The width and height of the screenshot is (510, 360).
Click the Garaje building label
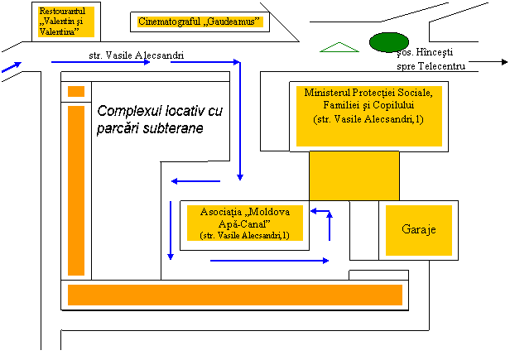419,229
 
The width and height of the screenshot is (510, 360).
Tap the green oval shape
389,42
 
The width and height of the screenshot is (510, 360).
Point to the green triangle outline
339,47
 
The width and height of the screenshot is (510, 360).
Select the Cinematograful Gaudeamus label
200,22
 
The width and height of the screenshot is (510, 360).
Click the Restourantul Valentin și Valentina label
62,22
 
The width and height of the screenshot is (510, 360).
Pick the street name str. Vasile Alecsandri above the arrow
137,55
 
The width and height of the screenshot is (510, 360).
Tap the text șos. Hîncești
425,52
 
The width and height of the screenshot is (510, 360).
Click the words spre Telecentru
431,66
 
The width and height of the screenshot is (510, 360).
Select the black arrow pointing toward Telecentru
488,62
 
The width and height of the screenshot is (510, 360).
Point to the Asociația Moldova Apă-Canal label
244,223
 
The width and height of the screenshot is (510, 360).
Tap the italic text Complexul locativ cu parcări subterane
160,119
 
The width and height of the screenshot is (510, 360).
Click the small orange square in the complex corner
76,91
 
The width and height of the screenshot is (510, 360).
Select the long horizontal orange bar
235,295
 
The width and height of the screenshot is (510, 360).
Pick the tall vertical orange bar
76,190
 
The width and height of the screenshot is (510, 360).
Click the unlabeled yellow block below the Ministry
354,175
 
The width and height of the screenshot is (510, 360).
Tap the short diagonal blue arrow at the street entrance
12,67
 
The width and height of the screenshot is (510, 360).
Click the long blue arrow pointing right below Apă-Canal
269,261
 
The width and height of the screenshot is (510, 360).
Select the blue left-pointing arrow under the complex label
195,181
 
